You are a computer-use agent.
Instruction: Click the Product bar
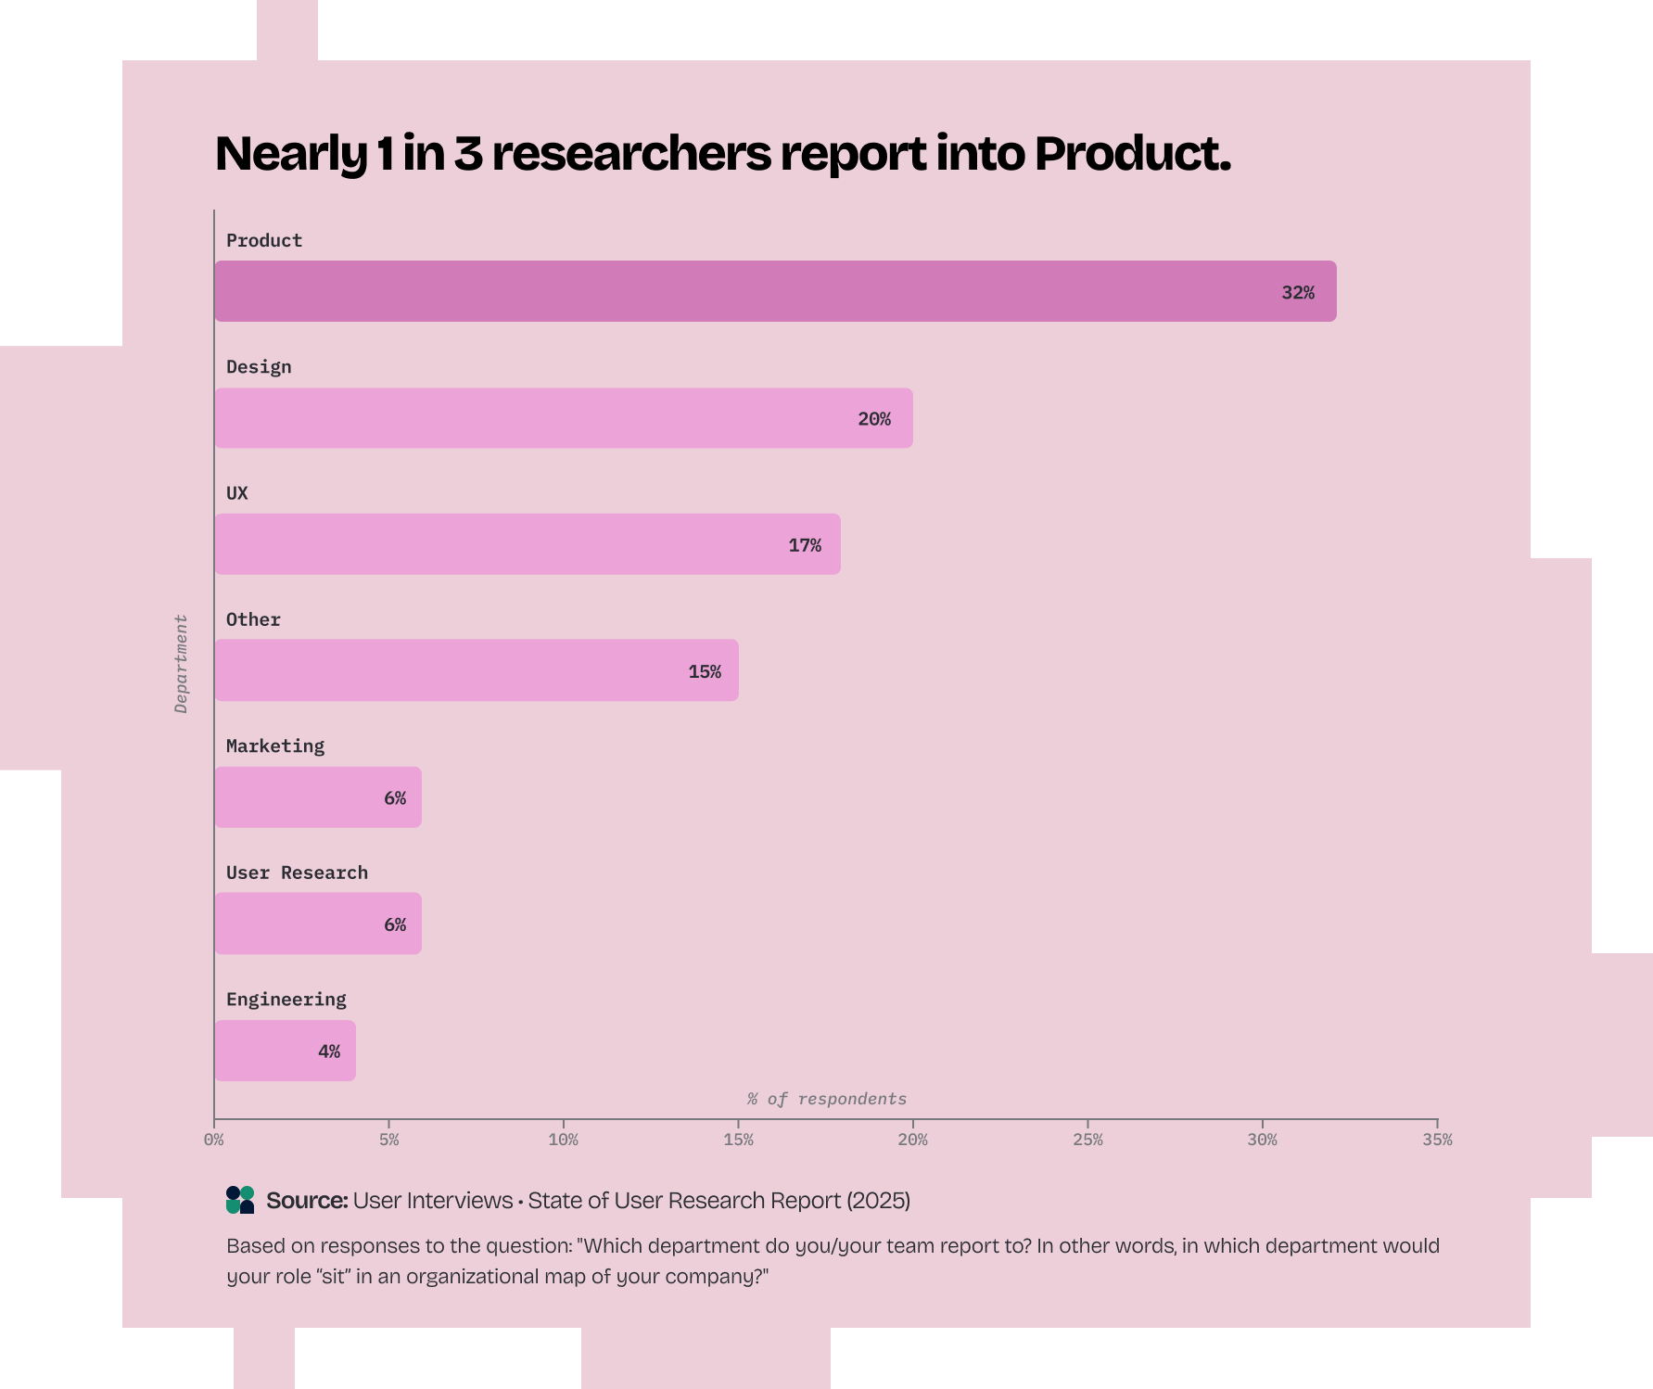[775, 291]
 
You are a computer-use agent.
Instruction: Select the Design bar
[564, 418]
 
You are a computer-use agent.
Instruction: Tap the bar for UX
[528, 544]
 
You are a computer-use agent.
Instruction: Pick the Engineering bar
[285, 1051]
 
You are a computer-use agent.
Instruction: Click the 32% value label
[1297, 293]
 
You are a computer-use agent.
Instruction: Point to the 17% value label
[804, 545]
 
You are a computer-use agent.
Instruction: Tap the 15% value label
[704, 671]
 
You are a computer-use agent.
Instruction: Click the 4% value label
[328, 1051]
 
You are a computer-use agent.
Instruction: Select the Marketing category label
[275, 746]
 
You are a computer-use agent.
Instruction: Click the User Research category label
[297, 873]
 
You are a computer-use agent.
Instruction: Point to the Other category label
[253, 619]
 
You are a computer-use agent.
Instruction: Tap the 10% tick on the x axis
[564, 1140]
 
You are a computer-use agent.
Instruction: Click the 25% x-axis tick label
[1087, 1140]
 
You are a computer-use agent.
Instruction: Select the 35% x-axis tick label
[1437, 1140]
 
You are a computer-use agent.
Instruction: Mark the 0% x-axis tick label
[214, 1140]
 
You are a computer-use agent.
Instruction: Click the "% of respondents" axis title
[827, 1099]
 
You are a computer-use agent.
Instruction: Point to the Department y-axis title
[181, 664]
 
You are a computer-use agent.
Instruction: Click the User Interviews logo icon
[240, 1200]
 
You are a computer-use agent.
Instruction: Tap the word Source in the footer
[306, 1201]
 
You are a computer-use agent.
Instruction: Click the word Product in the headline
[1132, 154]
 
